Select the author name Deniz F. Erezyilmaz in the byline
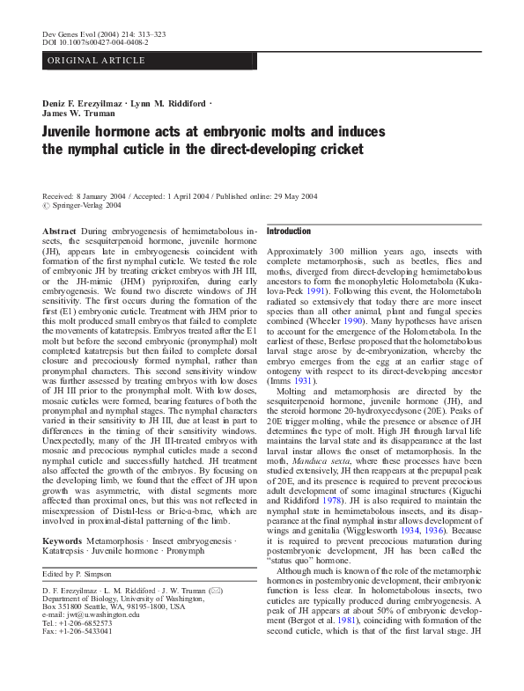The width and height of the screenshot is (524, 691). (x=83, y=103)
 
